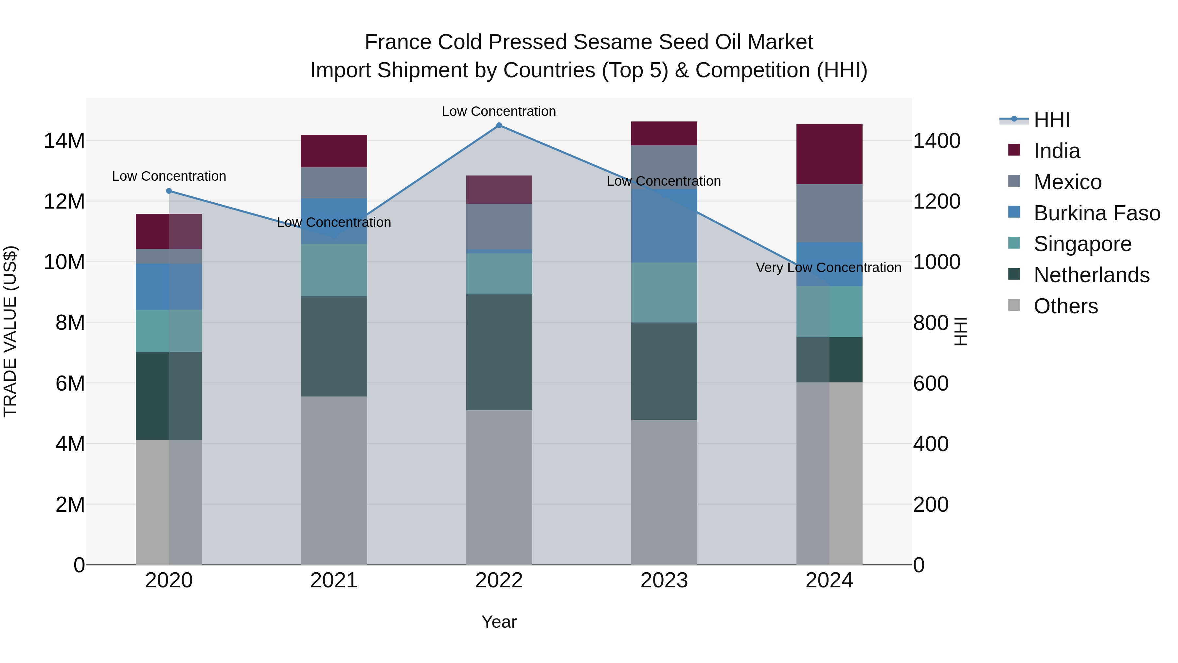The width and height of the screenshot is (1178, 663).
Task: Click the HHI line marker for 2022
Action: [499, 125]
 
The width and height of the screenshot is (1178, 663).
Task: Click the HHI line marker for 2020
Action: [169, 191]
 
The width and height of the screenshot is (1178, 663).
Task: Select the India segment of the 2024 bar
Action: [829, 154]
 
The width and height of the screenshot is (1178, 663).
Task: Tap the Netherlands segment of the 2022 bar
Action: [499, 352]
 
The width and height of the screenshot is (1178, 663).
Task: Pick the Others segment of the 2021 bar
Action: [334, 480]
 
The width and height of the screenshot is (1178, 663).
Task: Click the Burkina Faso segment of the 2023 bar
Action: [664, 226]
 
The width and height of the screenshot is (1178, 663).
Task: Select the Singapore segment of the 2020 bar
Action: [169, 331]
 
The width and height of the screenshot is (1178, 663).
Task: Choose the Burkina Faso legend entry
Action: [1096, 213]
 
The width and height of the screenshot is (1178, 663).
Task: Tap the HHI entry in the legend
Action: [1051, 120]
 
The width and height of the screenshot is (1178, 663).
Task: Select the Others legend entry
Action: [1065, 306]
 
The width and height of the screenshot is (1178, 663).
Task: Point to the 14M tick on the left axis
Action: [64, 141]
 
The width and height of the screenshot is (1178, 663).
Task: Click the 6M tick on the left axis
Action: [70, 383]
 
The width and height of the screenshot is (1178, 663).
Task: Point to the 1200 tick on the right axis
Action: [937, 202]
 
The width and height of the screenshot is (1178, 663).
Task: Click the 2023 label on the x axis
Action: [664, 580]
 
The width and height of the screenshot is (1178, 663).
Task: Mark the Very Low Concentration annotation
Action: [828, 268]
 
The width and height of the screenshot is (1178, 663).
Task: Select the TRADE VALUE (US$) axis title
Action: [10, 331]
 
